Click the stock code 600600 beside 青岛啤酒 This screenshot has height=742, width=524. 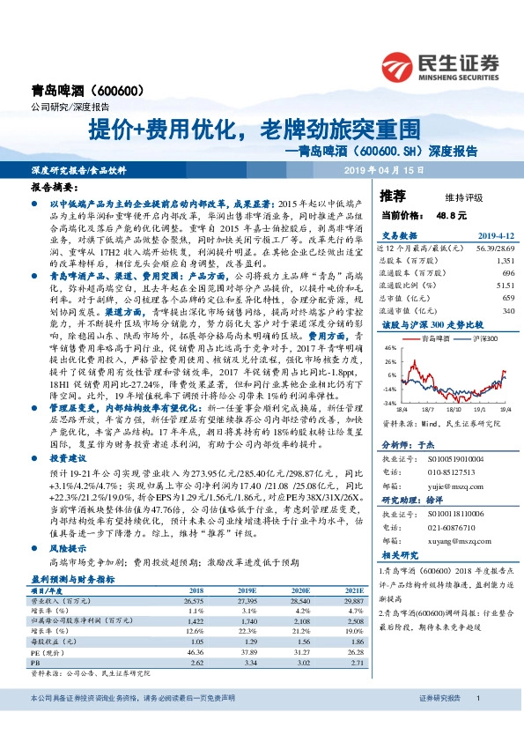pos(114,91)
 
